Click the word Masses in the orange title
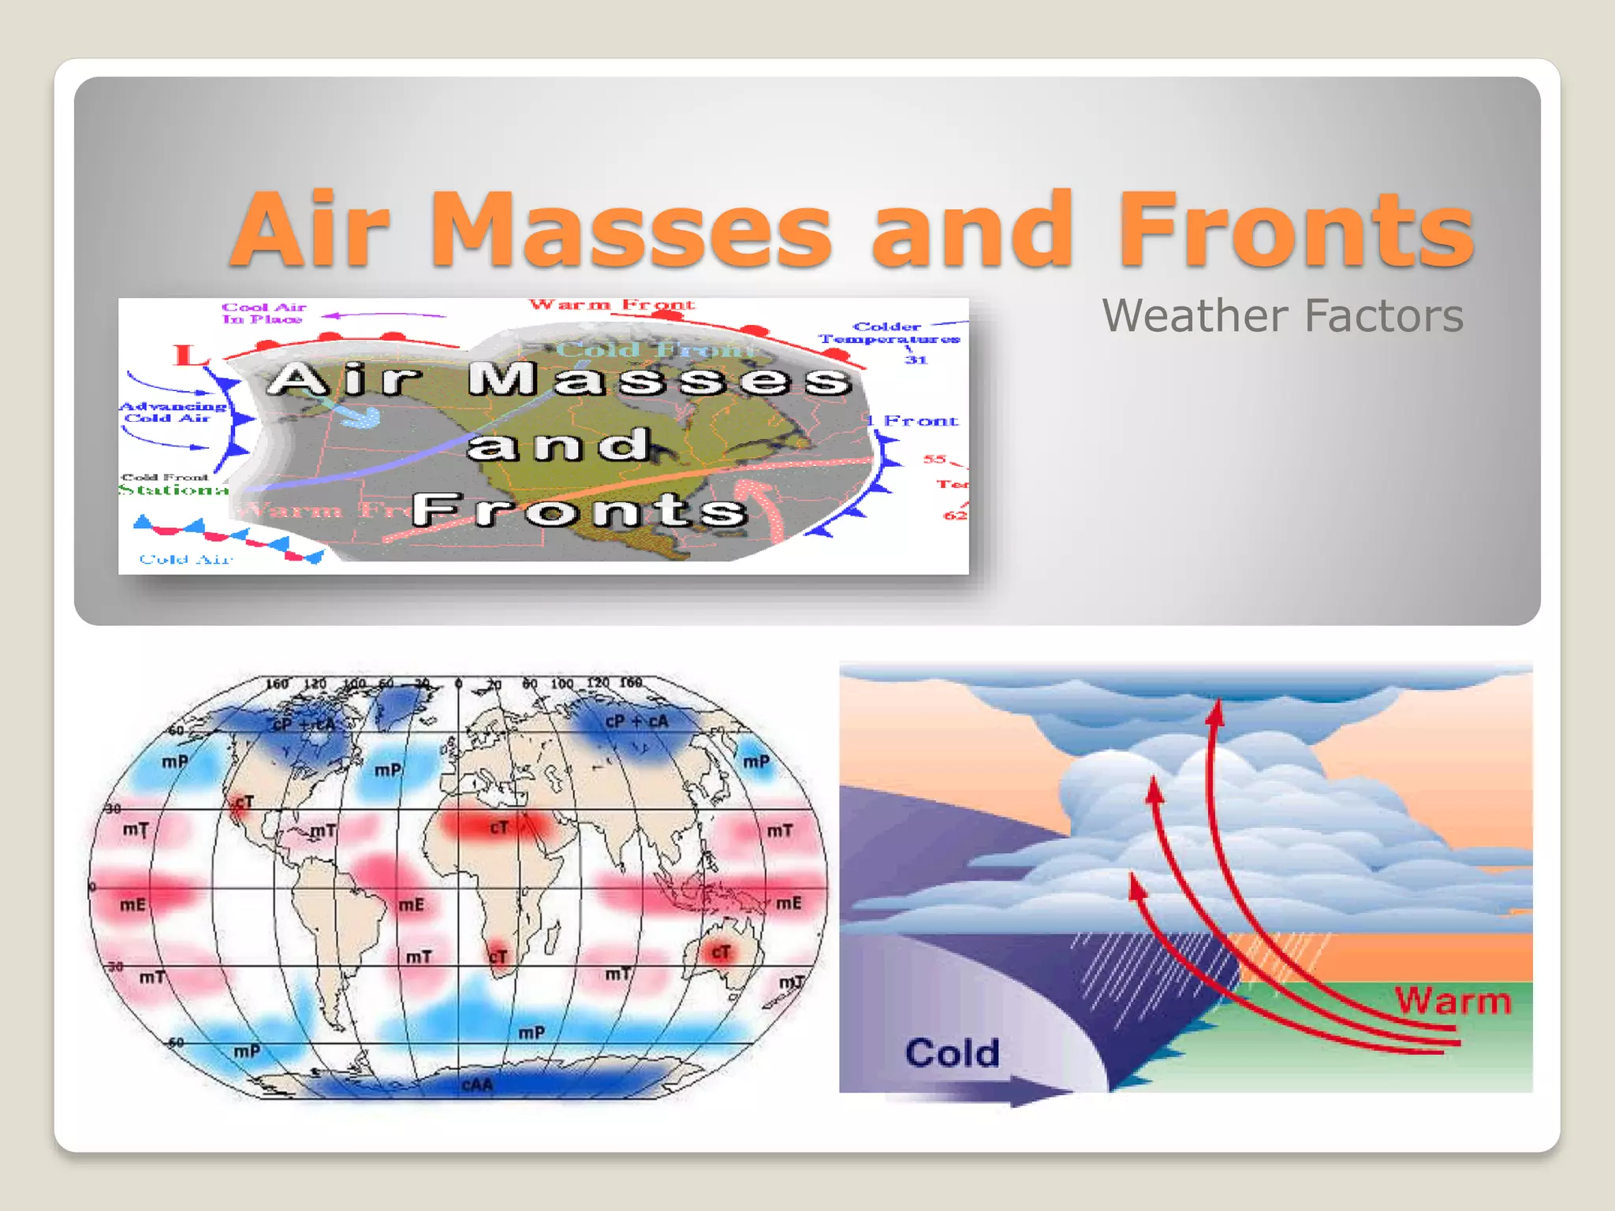(631, 230)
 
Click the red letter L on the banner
(188, 356)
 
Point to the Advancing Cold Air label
(172, 412)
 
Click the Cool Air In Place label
(263, 313)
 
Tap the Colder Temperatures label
(890, 333)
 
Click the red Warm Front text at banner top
(612, 305)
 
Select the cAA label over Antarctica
(477, 1085)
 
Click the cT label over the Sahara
(499, 827)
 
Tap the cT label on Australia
(721, 952)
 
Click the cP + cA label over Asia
(636, 721)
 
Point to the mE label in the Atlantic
(411, 904)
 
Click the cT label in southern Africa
(498, 956)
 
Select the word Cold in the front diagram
(952, 1053)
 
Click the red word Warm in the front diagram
(1453, 1000)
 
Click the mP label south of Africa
(531, 1032)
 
